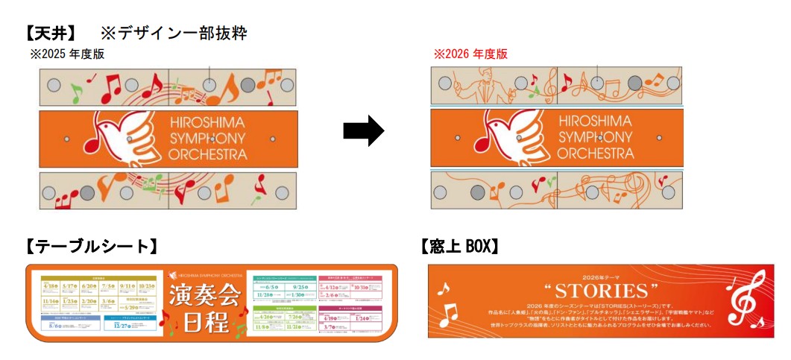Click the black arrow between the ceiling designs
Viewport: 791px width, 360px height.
(363, 132)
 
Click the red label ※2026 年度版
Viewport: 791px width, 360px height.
(470, 54)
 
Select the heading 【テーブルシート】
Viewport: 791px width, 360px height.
(90, 246)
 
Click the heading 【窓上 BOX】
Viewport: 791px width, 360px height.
(459, 246)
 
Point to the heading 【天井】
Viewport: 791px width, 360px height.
(51, 33)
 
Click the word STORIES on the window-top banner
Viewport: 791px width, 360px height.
(601, 290)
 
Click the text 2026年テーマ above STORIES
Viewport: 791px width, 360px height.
(601, 274)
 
